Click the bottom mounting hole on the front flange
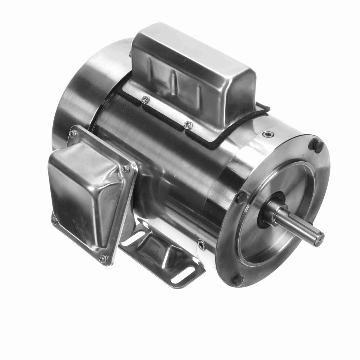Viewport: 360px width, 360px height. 238,280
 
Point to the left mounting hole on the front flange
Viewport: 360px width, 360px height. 240,197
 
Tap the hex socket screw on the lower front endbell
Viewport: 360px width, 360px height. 202,245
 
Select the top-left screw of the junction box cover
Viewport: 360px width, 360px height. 73,134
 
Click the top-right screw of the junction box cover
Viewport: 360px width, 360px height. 126,168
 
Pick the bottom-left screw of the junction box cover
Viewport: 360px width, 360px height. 54,221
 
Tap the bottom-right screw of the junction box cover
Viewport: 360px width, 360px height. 103,258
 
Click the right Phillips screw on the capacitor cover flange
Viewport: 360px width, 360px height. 187,125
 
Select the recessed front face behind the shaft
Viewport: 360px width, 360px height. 288,187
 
